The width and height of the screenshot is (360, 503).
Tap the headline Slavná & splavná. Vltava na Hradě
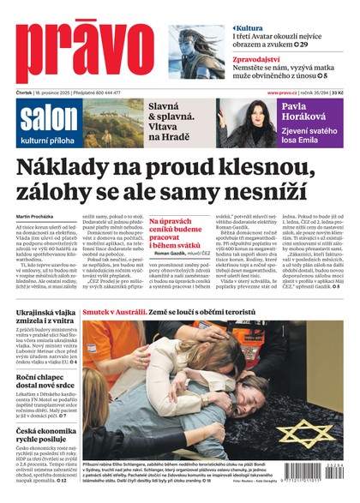177,118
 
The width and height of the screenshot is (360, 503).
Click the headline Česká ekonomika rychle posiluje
47,433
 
